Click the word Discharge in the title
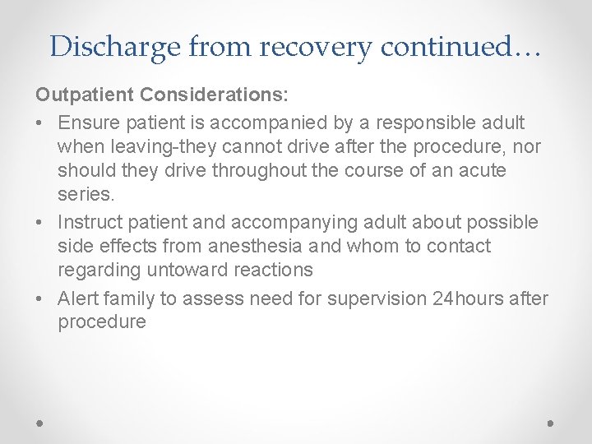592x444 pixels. tap(115, 47)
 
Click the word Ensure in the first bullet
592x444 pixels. tap(90, 123)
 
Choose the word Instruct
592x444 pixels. tap(92, 223)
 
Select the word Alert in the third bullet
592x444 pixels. tap(79, 298)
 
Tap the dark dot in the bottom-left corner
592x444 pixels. tap(40, 423)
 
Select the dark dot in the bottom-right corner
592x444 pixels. tap(550, 423)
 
